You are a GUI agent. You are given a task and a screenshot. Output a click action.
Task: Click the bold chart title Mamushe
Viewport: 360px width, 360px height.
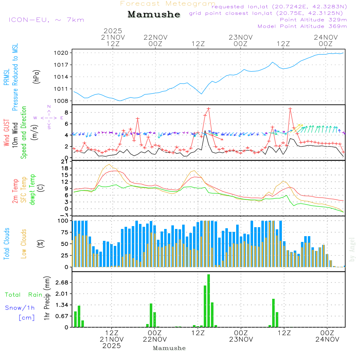pos(154,14)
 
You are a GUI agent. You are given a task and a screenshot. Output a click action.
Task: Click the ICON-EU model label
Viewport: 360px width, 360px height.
pos(46,20)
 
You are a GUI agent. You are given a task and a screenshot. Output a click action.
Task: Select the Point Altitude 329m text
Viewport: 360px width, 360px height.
pos(313,20)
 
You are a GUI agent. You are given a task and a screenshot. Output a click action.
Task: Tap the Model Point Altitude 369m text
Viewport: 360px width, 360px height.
pos(302,26)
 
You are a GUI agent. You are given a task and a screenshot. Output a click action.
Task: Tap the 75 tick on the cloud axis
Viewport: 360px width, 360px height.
pos(64,232)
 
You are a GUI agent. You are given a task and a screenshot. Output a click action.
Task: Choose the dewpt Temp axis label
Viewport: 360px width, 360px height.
pos(32,189)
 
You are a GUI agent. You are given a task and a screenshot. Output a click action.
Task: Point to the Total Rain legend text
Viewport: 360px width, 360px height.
pos(23,294)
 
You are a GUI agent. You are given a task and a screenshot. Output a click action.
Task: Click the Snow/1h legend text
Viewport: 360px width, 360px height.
pos(20,308)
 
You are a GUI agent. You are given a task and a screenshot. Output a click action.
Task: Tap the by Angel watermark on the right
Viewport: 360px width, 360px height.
pos(352,249)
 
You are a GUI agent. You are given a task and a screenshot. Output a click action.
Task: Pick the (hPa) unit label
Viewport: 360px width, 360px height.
pos(36,77)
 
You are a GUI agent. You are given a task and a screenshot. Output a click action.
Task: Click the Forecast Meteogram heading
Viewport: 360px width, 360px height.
pos(168,4)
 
